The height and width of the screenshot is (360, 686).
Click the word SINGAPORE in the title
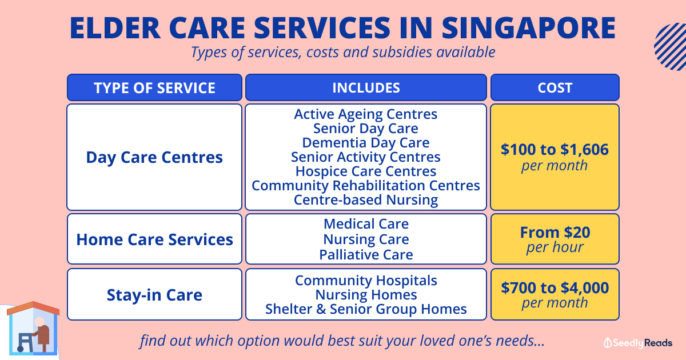529,28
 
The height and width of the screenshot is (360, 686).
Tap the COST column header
555,88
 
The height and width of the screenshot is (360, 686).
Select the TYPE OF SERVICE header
155,88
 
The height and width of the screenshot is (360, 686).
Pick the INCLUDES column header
366,88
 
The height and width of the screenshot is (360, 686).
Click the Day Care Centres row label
154,157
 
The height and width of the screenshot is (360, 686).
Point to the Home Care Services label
155,239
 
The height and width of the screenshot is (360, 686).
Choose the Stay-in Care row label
154,295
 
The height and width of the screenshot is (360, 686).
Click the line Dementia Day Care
366,143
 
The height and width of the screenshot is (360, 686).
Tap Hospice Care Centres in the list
366,171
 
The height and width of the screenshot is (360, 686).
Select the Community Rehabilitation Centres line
366,186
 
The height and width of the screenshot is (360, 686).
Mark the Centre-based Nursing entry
366,200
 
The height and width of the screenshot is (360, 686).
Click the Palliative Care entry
366,255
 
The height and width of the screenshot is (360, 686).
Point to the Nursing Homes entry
366,295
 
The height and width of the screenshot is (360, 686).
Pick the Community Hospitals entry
366,281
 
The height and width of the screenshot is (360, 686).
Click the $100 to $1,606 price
555,150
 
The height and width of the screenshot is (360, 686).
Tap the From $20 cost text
555,233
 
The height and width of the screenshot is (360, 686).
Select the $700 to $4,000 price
555,288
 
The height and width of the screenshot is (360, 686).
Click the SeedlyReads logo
637,343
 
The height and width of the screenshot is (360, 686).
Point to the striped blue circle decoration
671,46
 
